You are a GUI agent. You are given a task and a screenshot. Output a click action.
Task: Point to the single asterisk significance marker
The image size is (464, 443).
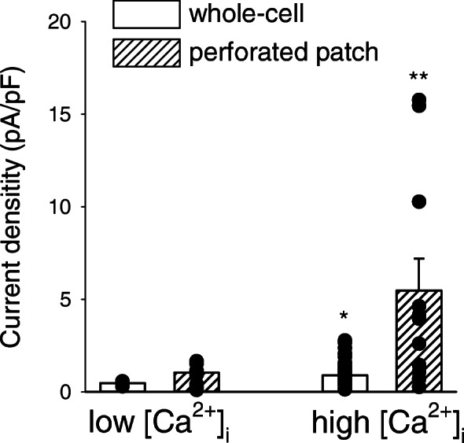click(x=344, y=317)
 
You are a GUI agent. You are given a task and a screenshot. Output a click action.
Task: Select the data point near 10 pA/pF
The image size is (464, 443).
click(x=419, y=202)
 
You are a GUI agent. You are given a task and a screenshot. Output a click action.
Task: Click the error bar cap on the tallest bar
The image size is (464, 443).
click(x=419, y=258)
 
